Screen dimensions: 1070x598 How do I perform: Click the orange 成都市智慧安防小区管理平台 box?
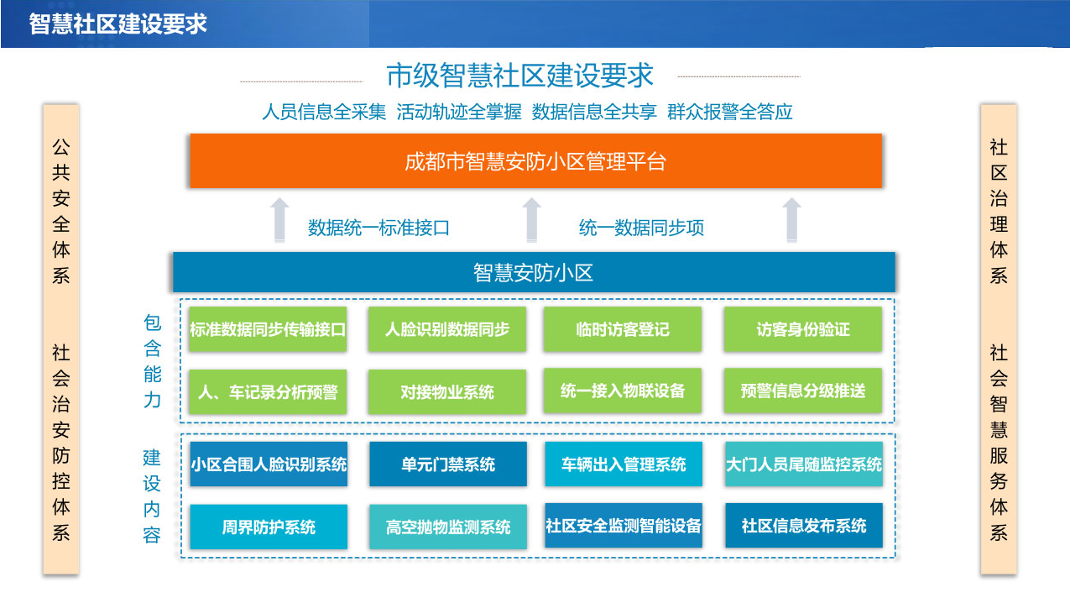[536, 160]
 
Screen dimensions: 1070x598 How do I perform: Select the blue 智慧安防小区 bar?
[534, 272]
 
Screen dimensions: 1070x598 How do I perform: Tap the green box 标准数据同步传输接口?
[268, 329]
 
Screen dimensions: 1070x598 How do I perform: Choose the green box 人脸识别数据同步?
[447, 329]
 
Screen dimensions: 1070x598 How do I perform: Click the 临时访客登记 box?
[623, 329]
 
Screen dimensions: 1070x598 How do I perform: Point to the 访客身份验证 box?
[803, 329]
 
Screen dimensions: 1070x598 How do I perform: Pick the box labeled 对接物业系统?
[447, 392]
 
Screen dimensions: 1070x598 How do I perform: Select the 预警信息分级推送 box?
[803, 391]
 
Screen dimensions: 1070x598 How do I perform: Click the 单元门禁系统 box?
[448, 464]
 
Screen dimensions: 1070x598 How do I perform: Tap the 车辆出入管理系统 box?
[624, 464]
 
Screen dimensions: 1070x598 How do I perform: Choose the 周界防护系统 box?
[269, 527]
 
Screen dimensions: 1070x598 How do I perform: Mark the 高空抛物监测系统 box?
[448, 527]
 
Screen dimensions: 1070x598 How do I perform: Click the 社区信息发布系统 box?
[804, 525]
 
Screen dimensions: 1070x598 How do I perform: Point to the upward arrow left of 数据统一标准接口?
[279, 220]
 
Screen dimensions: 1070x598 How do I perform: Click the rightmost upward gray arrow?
[791, 220]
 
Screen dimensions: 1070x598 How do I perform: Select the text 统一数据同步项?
[641, 228]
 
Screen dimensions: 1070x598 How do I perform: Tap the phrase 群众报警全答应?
[730, 112]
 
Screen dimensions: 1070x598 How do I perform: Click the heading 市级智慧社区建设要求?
[519, 75]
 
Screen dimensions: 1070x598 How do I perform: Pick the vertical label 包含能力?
[153, 361]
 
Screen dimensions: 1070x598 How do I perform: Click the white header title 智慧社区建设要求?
[117, 24]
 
